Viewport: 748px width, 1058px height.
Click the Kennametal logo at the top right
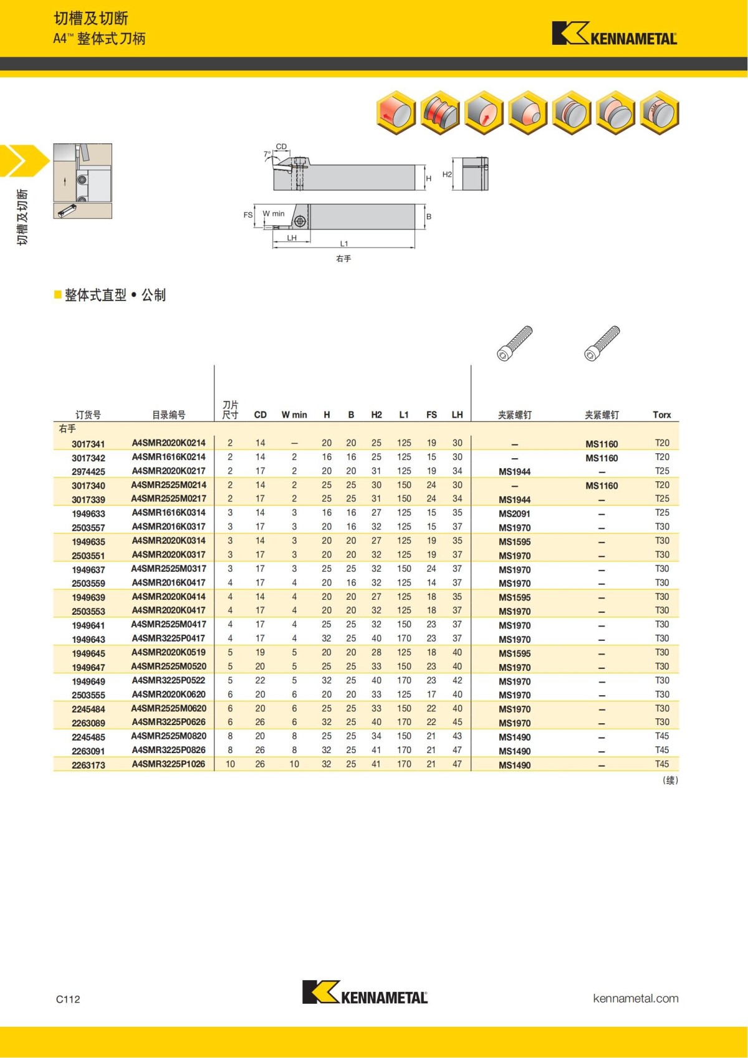coord(614,34)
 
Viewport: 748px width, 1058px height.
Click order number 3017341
coord(88,444)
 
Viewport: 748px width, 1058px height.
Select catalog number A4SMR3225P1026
coord(168,764)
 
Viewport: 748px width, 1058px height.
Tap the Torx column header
coord(661,415)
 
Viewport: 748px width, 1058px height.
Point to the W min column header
coord(294,415)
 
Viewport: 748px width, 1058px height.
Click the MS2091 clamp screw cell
coord(514,514)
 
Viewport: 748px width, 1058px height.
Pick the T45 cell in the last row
coord(661,764)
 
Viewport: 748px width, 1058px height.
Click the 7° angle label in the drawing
coord(267,154)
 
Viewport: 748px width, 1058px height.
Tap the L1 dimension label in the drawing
coord(344,244)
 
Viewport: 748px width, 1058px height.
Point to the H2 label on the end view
coord(447,175)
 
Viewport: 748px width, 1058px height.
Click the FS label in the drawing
coord(247,215)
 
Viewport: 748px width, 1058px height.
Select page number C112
coord(68,999)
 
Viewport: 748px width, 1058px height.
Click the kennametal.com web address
coord(635,998)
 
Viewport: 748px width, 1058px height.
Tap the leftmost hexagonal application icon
coord(396,113)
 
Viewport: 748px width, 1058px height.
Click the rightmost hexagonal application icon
coord(659,113)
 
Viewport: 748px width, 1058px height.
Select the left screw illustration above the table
coord(515,343)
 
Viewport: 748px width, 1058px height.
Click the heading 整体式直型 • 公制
coord(115,295)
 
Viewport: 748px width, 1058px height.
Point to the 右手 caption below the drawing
coord(343,258)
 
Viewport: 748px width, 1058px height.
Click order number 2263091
coord(88,751)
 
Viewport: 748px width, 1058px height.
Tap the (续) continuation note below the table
coord(670,780)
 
